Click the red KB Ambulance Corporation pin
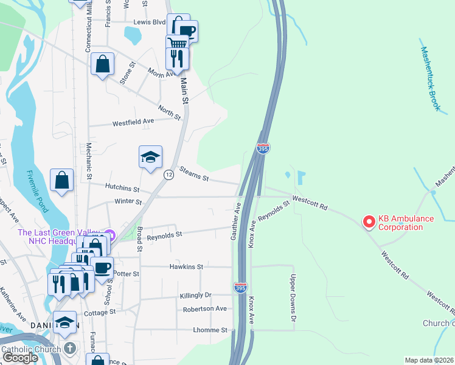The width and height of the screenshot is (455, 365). pyautogui.click(x=369, y=223)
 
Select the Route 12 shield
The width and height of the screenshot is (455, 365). pyautogui.click(x=169, y=175)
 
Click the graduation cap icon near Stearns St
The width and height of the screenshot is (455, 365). pyautogui.click(x=150, y=158)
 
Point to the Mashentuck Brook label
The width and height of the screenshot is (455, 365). pyautogui.click(x=430, y=78)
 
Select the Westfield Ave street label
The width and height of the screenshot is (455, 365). pyautogui.click(x=133, y=122)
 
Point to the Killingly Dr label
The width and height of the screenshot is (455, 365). pyautogui.click(x=195, y=295)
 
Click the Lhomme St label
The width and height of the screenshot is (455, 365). pyautogui.click(x=210, y=330)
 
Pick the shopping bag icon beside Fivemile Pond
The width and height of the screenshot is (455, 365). pyautogui.click(x=62, y=180)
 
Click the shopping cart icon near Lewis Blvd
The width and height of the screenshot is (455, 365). pyautogui.click(x=177, y=42)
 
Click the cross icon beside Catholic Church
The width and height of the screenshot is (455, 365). pyautogui.click(x=70, y=349)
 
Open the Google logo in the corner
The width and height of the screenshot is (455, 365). pyautogui.click(x=20, y=358)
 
